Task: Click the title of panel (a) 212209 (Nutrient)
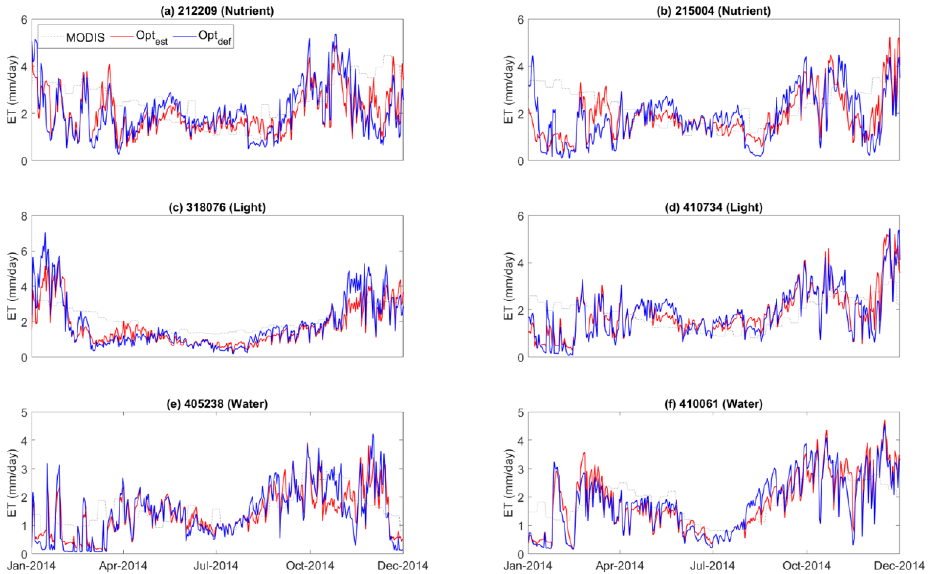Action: point(217,11)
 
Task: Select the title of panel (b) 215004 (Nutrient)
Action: point(713,11)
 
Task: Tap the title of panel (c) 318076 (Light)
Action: point(217,207)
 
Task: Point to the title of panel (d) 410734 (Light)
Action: point(713,207)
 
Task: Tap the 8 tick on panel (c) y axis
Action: point(24,216)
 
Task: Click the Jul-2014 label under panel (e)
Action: point(216,566)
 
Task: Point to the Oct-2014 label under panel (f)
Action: point(807,566)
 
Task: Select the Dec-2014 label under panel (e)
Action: point(403,566)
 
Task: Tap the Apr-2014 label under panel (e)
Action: point(123,566)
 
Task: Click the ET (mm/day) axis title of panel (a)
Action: point(12,90)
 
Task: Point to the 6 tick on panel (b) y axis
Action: point(521,19)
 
